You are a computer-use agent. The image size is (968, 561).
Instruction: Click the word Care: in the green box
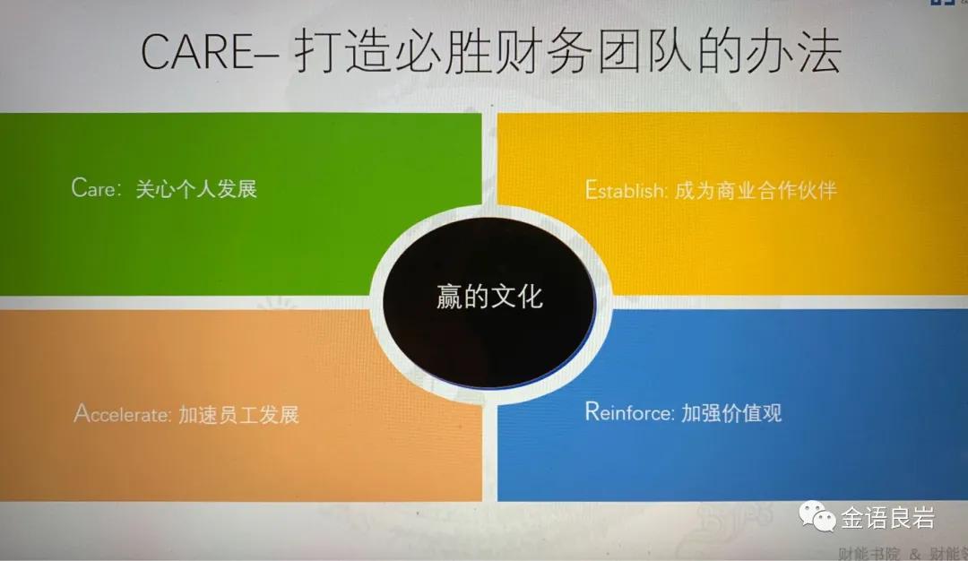point(98,188)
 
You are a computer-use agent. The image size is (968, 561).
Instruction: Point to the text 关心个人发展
point(195,188)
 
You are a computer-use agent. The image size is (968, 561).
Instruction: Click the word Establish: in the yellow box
point(626,191)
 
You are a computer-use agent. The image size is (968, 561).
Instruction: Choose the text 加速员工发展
point(238,414)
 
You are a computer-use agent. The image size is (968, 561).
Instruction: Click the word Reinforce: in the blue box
point(629,412)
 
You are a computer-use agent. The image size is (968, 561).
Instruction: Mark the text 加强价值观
point(730,412)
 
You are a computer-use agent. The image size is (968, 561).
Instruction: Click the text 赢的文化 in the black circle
point(489,297)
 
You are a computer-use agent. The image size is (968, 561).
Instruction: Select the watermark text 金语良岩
point(887,518)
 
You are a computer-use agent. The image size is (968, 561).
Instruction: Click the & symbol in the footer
point(915,553)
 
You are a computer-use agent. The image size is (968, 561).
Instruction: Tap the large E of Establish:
point(590,190)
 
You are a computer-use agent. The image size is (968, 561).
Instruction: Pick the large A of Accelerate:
point(82,413)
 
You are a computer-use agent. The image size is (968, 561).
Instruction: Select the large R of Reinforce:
point(592,411)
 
